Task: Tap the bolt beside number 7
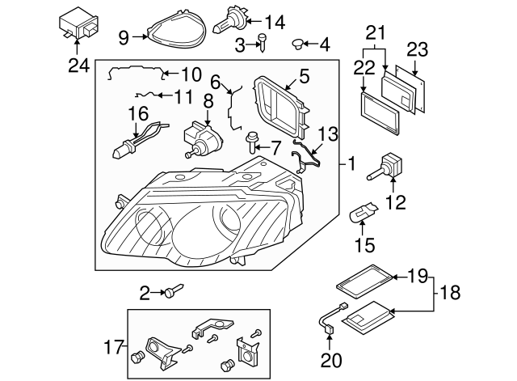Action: [x=250, y=144]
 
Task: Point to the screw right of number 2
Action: [x=177, y=292]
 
